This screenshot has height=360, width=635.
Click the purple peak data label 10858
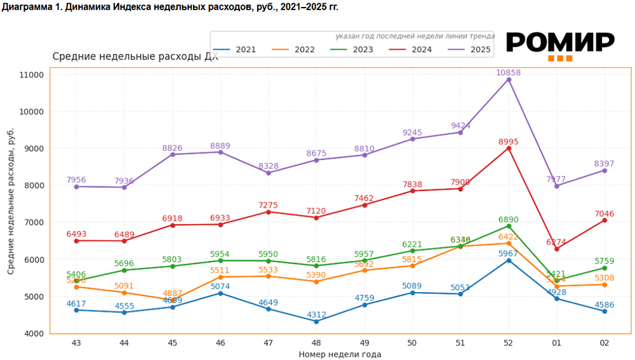pos(509,73)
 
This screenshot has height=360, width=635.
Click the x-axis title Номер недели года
pos(340,354)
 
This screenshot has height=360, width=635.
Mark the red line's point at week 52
pos(509,149)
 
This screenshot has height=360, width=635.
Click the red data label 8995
pos(509,142)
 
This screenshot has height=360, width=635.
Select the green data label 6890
pos(509,219)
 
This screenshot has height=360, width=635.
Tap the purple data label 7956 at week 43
pos(76,180)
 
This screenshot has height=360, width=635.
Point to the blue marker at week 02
pos(605,311)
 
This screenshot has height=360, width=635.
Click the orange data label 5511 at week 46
pos(220,270)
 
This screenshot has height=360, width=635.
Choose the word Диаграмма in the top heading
pos(25,7)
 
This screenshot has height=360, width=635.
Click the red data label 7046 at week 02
pos(605,213)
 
